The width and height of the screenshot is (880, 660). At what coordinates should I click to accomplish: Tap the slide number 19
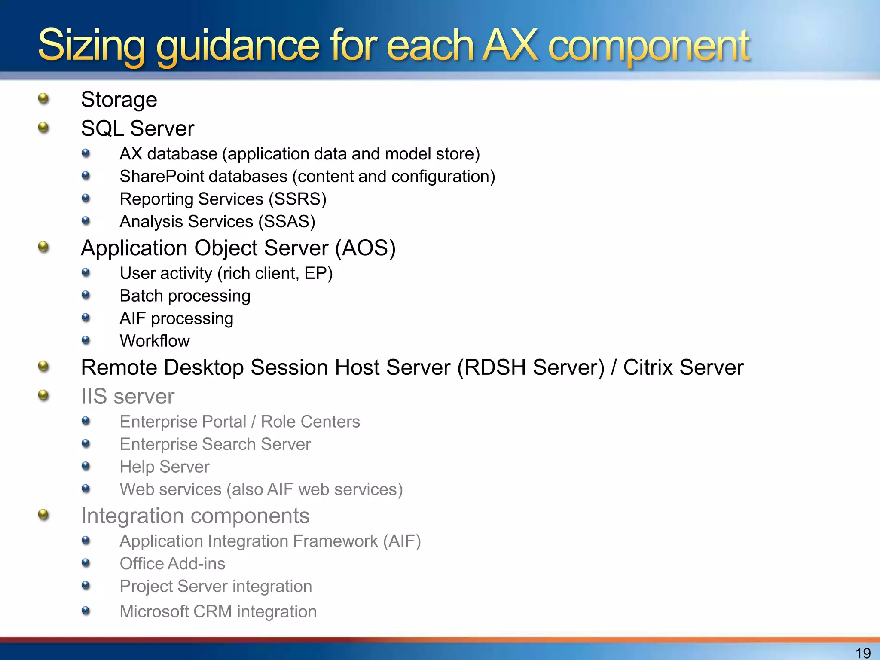(x=863, y=653)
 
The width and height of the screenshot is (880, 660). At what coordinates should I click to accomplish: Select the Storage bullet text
(x=119, y=100)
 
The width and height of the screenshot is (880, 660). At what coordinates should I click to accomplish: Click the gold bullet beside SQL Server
(x=43, y=128)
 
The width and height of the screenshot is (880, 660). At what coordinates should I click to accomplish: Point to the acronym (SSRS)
(x=297, y=199)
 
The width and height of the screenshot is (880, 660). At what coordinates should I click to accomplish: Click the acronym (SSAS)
(x=287, y=222)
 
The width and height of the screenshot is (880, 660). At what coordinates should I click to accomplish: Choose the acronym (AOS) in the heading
(x=365, y=248)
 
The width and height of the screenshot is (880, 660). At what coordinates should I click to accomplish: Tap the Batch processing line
(x=185, y=296)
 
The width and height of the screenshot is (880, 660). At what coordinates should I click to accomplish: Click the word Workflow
(x=155, y=341)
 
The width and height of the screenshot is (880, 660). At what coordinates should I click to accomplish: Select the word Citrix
(x=648, y=368)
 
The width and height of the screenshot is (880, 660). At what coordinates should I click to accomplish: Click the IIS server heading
(x=128, y=396)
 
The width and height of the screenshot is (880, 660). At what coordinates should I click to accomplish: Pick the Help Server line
(x=165, y=467)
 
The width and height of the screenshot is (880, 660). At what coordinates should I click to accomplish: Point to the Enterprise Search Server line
(x=215, y=444)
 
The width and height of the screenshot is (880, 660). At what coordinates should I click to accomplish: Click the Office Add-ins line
(x=172, y=564)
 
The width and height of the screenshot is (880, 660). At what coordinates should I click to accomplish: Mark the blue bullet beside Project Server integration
(x=86, y=585)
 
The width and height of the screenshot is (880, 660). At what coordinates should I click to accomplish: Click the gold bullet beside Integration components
(x=43, y=514)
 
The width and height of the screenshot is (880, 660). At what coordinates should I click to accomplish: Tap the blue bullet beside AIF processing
(x=86, y=318)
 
